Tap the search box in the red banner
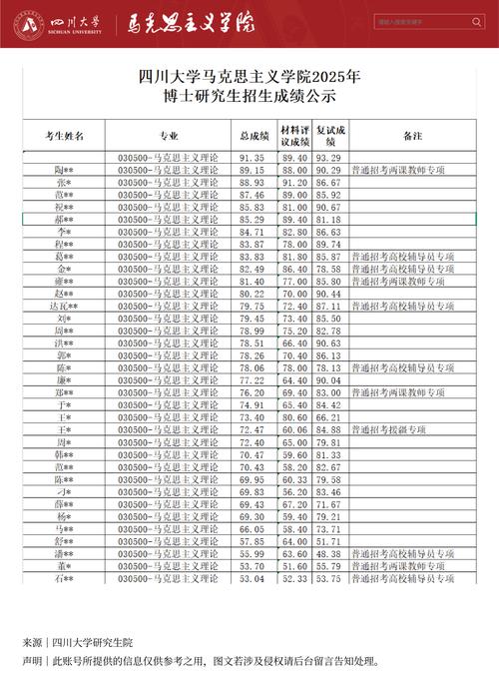pos(428,21)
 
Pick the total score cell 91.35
pos(251,158)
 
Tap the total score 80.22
pos(251,293)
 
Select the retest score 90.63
pos(328,342)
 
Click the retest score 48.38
pos(328,552)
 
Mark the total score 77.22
pos(251,379)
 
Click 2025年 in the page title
pos(338,76)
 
